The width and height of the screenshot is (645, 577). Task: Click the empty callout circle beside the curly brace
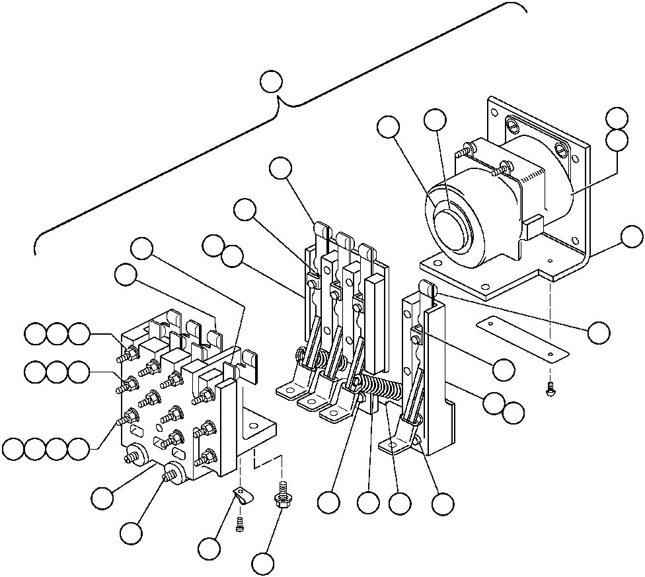tap(271, 81)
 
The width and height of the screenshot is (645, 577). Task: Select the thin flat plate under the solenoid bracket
tap(522, 337)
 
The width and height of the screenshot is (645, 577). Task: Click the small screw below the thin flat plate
tap(549, 391)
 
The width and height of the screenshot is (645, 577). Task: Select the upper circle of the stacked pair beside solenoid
tap(617, 117)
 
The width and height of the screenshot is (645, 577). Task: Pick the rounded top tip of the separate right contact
tap(426, 285)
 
